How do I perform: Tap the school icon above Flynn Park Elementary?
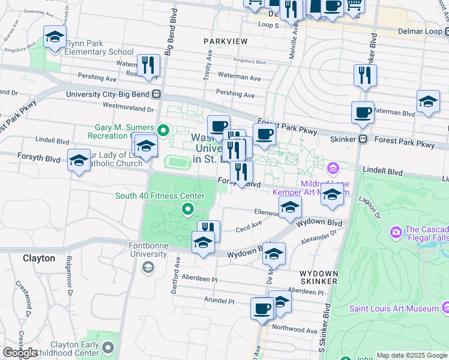click(55, 38)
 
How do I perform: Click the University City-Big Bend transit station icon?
click(156, 94)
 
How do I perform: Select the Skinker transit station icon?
click(363, 139)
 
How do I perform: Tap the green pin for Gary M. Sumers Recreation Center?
click(163, 130)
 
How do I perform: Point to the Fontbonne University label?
click(148, 250)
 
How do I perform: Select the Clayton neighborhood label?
click(39, 259)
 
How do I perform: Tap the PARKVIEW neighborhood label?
click(225, 41)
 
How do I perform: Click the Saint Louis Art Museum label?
click(394, 308)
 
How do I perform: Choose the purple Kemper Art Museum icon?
click(334, 167)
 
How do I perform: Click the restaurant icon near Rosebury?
click(148, 66)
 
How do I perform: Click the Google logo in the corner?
click(20, 353)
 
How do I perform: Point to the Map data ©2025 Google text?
click(411, 355)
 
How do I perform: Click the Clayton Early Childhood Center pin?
click(108, 348)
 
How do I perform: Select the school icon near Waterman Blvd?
click(429, 101)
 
